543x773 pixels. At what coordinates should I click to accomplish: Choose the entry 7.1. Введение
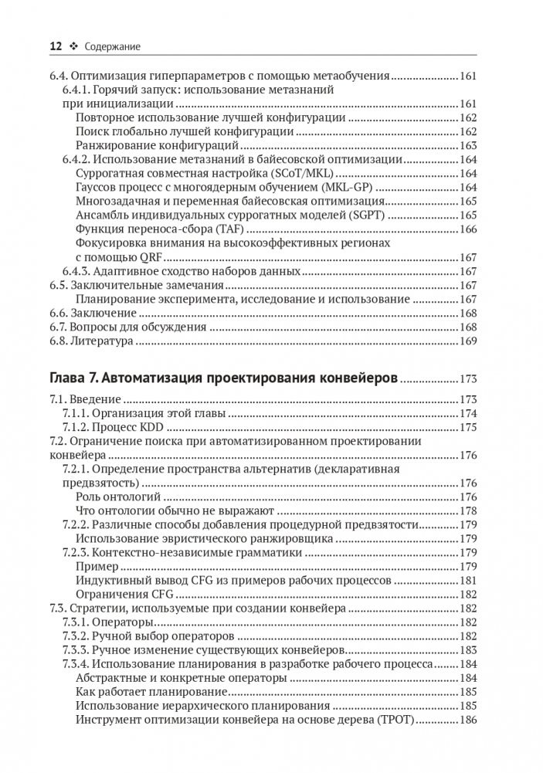84,401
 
